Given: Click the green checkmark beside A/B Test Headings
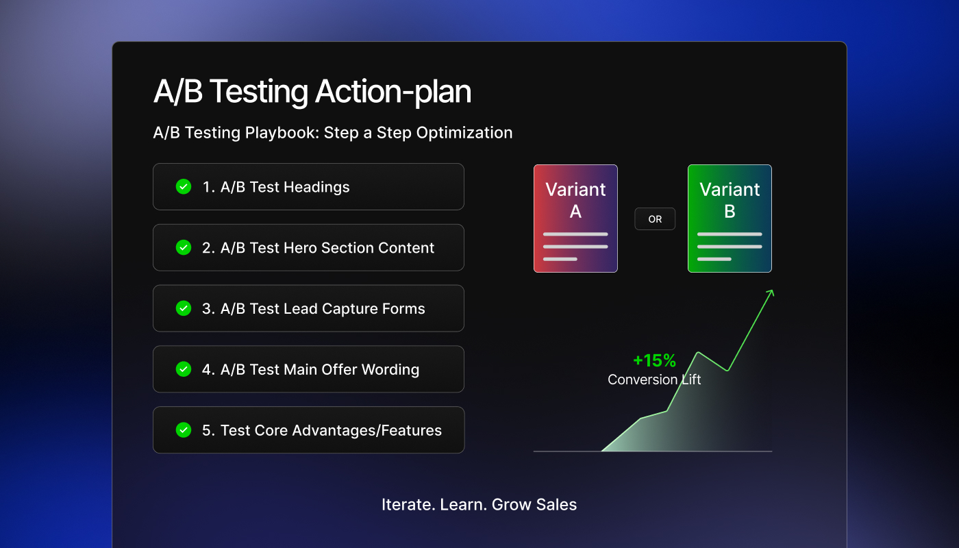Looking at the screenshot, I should pyautogui.click(x=184, y=186).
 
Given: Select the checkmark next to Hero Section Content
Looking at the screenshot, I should pyautogui.click(x=184, y=247).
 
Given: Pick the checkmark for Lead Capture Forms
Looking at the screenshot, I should pyautogui.click(x=184, y=308).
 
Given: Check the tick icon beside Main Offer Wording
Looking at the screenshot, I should pyautogui.click(x=184, y=369).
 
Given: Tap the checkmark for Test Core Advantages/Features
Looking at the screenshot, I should pyautogui.click(x=184, y=430).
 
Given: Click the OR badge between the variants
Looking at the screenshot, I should pyautogui.click(x=655, y=219).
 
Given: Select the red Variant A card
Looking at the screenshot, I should pyautogui.click(x=575, y=219).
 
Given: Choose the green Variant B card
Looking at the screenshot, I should pyautogui.click(x=730, y=219).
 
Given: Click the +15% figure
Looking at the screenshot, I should pyautogui.click(x=654, y=360).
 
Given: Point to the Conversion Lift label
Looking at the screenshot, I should pyautogui.click(x=654, y=379).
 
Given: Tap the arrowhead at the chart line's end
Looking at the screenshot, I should pyautogui.click(x=771, y=293).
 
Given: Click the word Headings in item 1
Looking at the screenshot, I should pyautogui.click(x=316, y=187).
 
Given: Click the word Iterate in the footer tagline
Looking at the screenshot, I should pyautogui.click(x=401, y=505).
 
